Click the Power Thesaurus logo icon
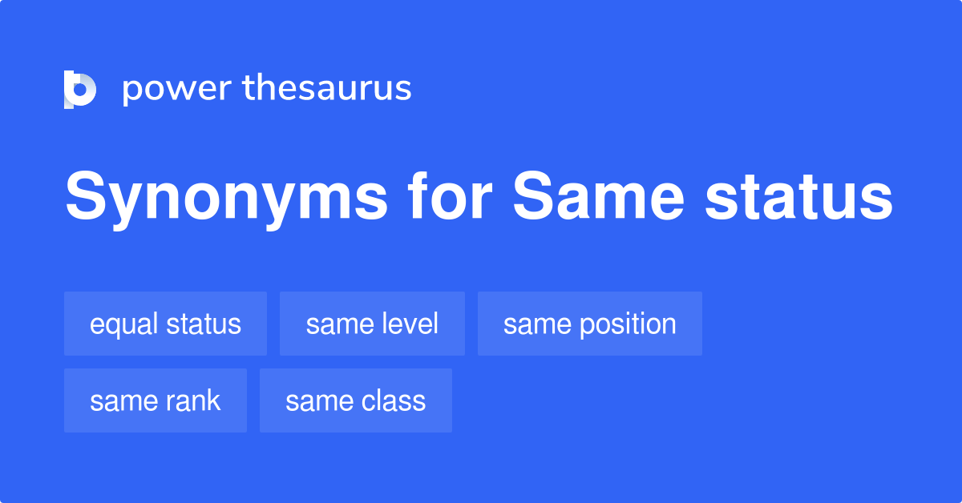click(x=80, y=89)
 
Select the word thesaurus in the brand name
click(x=327, y=89)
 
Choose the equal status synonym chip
click(x=165, y=324)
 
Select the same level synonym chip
click(x=372, y=324)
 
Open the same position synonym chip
click(x=589, y=324)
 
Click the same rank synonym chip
click(x=155, y=400)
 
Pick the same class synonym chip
click(x=355, y=400)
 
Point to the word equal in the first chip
click(x=124, y=324)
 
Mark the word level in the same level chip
click(x=410, y=324)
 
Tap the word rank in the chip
click(x=193, y=400)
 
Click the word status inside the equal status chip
click(x=204, y=324)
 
